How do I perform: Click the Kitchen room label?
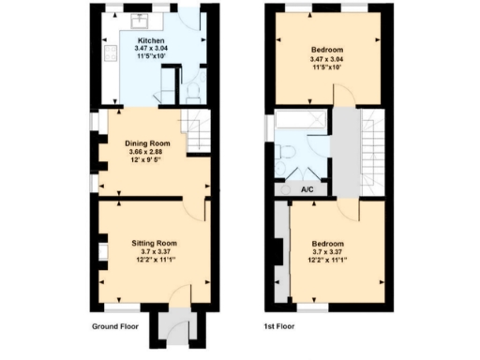153,41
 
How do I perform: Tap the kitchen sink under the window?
140,20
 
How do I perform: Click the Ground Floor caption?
116,327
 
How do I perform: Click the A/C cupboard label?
307,189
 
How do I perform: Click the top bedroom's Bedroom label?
327,50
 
